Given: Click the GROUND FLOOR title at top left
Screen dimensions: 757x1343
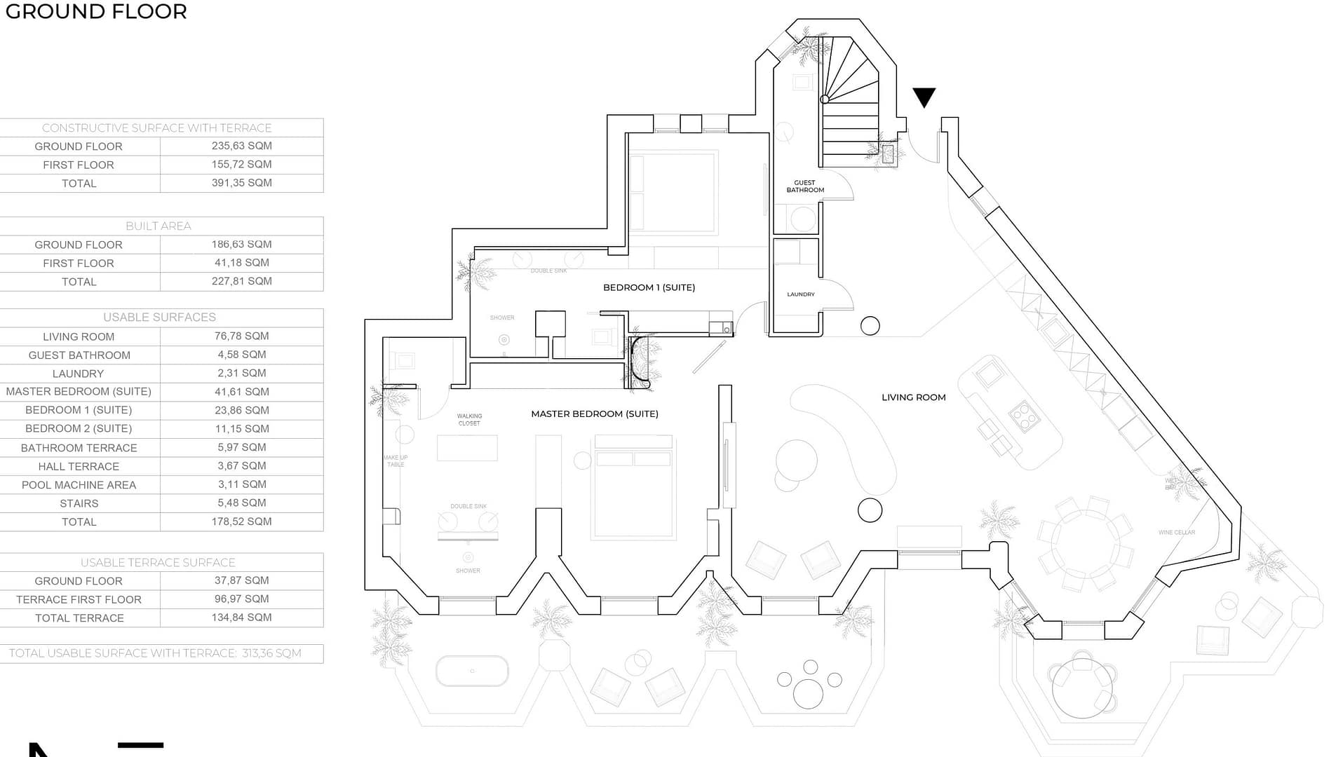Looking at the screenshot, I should pos(96,12).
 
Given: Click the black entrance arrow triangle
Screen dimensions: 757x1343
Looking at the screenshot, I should pos(924,97).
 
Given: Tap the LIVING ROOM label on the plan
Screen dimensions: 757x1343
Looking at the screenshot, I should pos(913,397).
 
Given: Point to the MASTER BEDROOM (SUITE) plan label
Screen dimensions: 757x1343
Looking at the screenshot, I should pos(594,414).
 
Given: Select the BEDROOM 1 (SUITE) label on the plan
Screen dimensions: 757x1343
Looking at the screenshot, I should pos(649,287).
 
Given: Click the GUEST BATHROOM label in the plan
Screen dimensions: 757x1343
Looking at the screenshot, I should pos(805,186).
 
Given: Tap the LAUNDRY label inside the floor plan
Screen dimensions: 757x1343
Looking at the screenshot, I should pos(800,294).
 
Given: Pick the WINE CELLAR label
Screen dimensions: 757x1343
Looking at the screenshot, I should pos(1176,533).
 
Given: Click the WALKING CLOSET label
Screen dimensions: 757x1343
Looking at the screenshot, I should pos(469,419).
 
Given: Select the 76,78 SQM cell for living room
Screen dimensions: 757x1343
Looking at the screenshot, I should pos(241,336).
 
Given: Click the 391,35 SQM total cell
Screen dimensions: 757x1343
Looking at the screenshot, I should pos(241,183).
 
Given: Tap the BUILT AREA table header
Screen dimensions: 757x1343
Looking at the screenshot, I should pos(158,226).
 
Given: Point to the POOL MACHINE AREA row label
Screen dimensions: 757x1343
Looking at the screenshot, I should pos(79,485).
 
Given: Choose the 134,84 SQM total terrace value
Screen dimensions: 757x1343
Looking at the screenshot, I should pos(241,618).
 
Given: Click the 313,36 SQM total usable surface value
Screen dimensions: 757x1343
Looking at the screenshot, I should pos(271,653).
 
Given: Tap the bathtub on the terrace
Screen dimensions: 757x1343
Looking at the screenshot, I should pos(472,671).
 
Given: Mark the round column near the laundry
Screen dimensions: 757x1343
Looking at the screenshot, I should pos(870,326).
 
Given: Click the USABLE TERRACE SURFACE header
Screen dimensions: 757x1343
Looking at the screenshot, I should pos(158,562).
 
